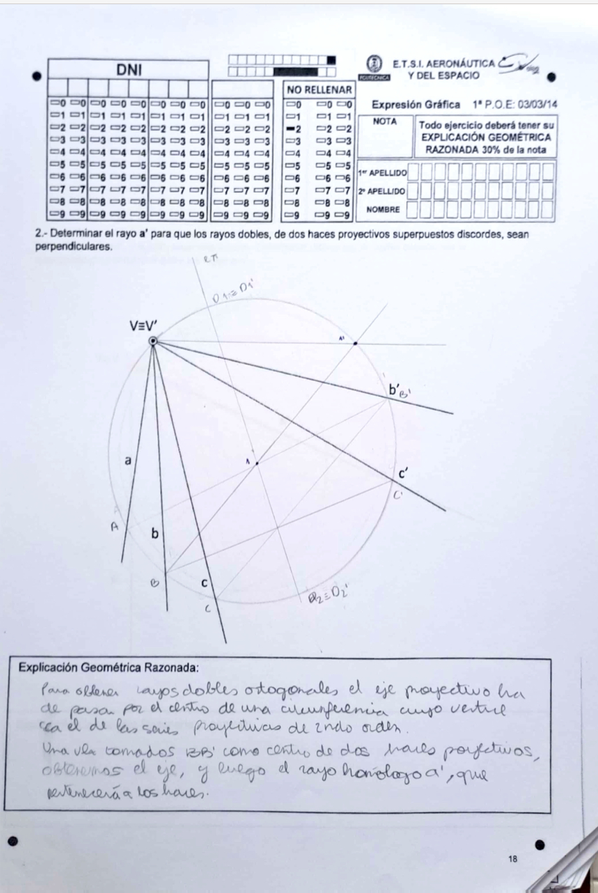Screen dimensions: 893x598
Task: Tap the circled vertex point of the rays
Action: (153, 341)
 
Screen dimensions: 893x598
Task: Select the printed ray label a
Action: (127, 460)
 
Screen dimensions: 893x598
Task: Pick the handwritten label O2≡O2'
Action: (329, 596)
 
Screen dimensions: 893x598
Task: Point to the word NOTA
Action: (385, 121)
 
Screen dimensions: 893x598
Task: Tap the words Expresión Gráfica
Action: (415, 104)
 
